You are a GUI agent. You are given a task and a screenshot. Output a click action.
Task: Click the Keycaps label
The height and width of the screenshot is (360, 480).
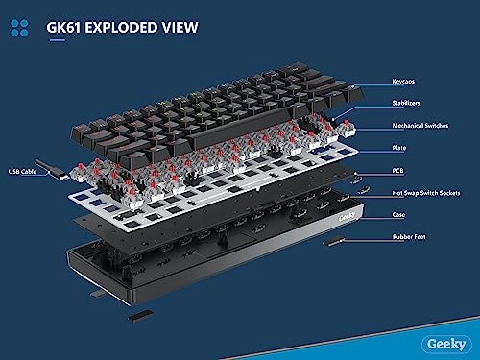click(x=403, y=82)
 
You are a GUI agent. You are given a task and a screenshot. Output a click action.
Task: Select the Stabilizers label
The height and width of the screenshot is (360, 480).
click(x=406, y=103)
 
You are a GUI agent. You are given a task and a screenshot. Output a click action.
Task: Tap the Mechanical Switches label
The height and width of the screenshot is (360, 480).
click(x=420, y=126)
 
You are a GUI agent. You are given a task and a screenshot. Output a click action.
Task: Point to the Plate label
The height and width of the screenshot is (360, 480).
click(x=399, y=148)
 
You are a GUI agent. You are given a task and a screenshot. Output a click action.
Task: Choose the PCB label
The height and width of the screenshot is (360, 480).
click(x=397, y=171)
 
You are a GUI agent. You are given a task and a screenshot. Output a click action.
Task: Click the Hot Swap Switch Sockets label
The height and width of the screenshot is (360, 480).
click(x=426, y=193)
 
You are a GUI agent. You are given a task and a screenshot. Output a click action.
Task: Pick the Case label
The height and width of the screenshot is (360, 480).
click(x=398, y=214)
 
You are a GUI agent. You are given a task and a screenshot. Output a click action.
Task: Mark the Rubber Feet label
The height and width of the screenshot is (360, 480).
click(x=409, y=237)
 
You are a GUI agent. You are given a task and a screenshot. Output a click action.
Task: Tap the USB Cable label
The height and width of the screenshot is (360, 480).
click(x=22, y=172)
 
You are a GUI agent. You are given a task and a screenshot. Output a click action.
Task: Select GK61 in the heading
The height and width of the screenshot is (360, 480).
click(x=63, y=28)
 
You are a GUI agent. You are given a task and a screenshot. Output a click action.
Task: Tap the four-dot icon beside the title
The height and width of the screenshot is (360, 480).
click(x=19, y=28)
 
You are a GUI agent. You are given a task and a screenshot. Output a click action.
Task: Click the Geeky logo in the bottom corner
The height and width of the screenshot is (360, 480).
click(x=446, y=344)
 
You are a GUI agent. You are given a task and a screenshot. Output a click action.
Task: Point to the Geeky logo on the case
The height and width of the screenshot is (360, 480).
click(x=347, y=217)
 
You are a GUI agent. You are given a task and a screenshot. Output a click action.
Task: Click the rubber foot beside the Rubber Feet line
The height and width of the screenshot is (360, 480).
click(x=333, y=241)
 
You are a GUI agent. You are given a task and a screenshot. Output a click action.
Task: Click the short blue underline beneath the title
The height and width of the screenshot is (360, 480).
click(x=57, y=40)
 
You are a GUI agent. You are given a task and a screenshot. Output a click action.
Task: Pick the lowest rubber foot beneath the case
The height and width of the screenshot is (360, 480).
click(x=140, y=315)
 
